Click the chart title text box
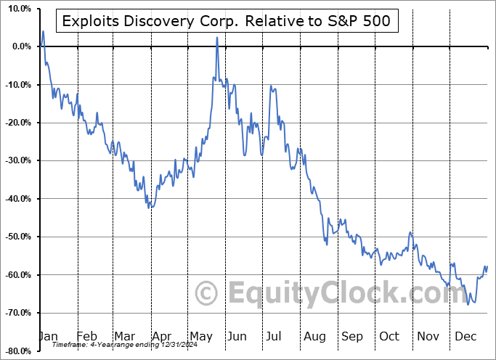pyautogui.click(x=226, y=21)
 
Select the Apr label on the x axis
pyautogui.click(x=162, y=336)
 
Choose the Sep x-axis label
pyautogui.click(x=352, y=336)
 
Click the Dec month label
pyautogui.click(x=465, y=336)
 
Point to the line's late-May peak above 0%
pyautogui.click(x=217, y=38)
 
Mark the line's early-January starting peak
pyautogui.click(x=43, y=31)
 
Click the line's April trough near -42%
pyautogui.click(x=149, y=208)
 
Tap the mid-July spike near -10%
pyautogui.click(x=271, y=86)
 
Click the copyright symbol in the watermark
pyautogui.click(x=206, y=294)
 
